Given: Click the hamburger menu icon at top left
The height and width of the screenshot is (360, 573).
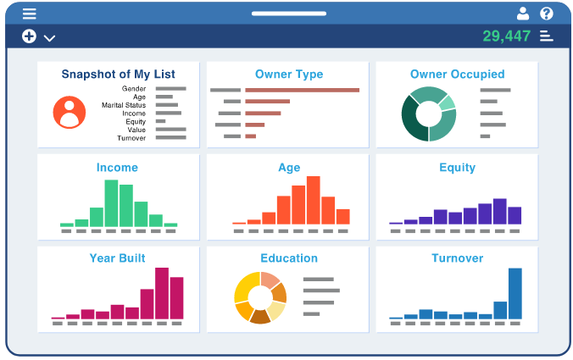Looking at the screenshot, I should (x=30, y=14).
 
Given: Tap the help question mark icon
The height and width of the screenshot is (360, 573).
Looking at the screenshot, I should (x=547, y=14).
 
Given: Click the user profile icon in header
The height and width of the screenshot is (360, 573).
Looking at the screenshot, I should (x=523, y=14).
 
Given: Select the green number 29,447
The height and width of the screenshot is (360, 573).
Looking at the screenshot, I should (x=506, y=36).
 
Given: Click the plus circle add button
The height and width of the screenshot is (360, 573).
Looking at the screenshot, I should (x=29, y=36).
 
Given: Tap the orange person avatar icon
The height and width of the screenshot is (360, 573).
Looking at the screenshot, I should (x=69, y=112).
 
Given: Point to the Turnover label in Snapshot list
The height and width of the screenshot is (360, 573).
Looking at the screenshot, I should (x=131, y=138).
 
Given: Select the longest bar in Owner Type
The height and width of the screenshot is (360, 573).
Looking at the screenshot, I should (x=302, y=90).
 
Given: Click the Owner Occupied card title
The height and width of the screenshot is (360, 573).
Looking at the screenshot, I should (x=457, y=75).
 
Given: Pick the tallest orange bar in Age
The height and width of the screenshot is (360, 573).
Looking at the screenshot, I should (x=314, y=200).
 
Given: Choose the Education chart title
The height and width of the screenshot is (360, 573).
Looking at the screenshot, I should (x=289, y=258).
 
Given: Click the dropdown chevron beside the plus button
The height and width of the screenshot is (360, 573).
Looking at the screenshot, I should (x=49, y=38).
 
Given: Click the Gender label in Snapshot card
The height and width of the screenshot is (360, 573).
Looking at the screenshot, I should (x=134, y=88).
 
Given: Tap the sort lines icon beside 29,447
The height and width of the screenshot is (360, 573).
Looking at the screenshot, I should (x=547, y=36).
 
